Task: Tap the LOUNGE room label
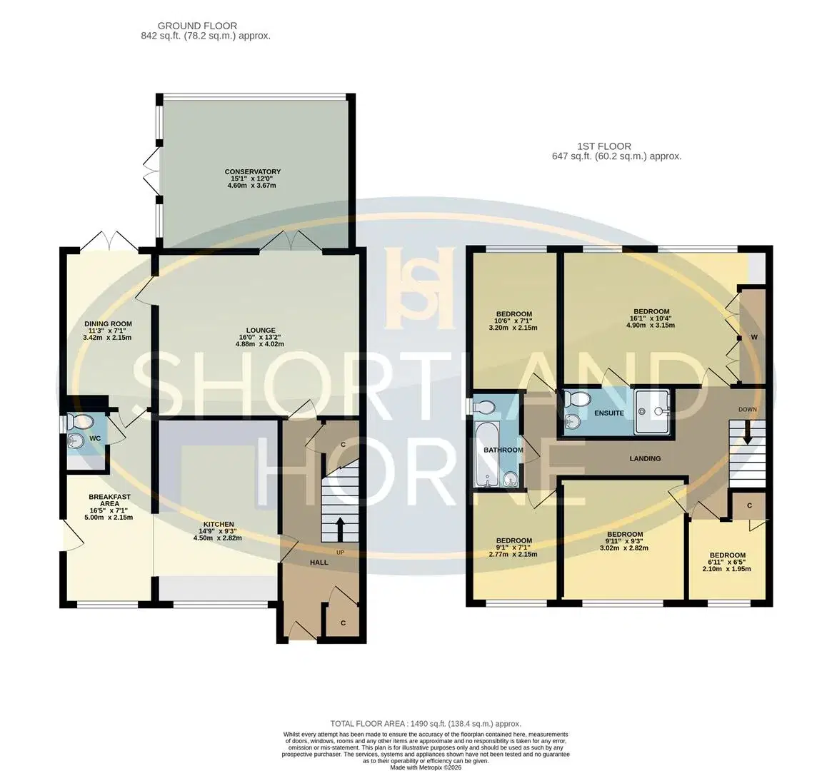click(261, 331)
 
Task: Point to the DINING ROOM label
click(109, 324)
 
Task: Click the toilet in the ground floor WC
click(82, 423)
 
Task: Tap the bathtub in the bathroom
click(484, 454)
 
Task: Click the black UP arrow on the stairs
click(340, 529)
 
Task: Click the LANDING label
click(645, 459)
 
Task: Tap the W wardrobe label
click(754, 337)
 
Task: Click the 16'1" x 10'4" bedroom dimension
click(651, 318)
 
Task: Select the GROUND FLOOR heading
click(197, 26)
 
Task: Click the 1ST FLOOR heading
click(604, 146)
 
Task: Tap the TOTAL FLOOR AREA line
click(426, 723)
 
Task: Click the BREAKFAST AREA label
click(109, 500)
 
